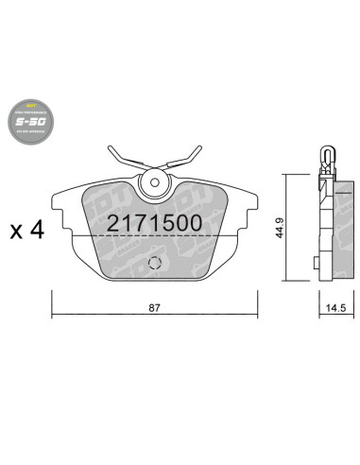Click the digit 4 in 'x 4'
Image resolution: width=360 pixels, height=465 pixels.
click(x=37, y=230)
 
